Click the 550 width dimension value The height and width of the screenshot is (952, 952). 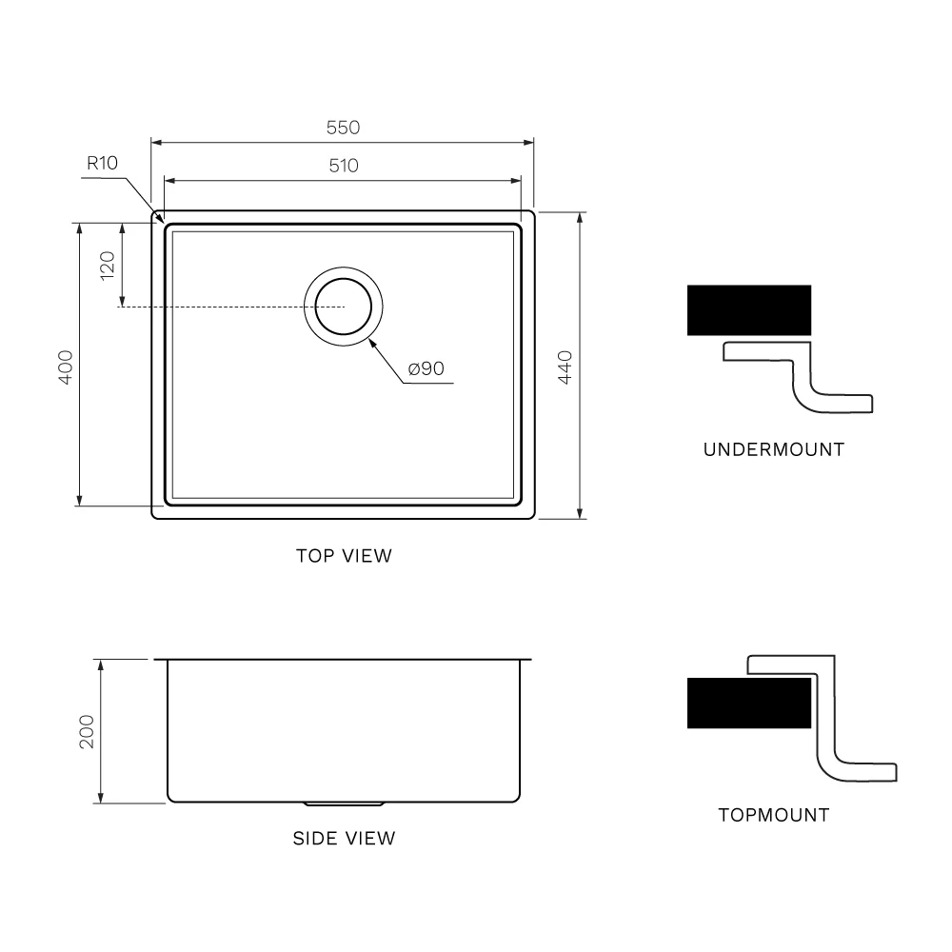click(x=343, y=128)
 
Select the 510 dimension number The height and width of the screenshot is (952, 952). click(x=343, y=166)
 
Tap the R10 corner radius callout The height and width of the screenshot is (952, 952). click(x=102, y=163)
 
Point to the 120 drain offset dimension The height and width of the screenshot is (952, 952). click(x=107, y=264)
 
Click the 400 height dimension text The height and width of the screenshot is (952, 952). click(x=66, y=367)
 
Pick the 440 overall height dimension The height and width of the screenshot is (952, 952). click(x=565, y=367)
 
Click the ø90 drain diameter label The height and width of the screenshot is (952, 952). click(x=426, y=368)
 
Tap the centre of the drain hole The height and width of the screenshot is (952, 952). click(x=344, y=307)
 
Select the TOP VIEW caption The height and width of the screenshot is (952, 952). click(x=344, y=556)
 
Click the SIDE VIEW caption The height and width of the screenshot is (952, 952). click(x=344, y=839)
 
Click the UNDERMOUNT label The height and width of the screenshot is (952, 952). click(x=773, y=449)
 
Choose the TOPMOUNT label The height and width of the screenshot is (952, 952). click(x=773, y=815)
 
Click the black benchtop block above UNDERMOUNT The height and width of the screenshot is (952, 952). click(x=749, y=310)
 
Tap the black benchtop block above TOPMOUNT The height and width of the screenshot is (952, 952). click(x=749, y=704)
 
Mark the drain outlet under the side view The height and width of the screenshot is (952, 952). click(x=344, y=804)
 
